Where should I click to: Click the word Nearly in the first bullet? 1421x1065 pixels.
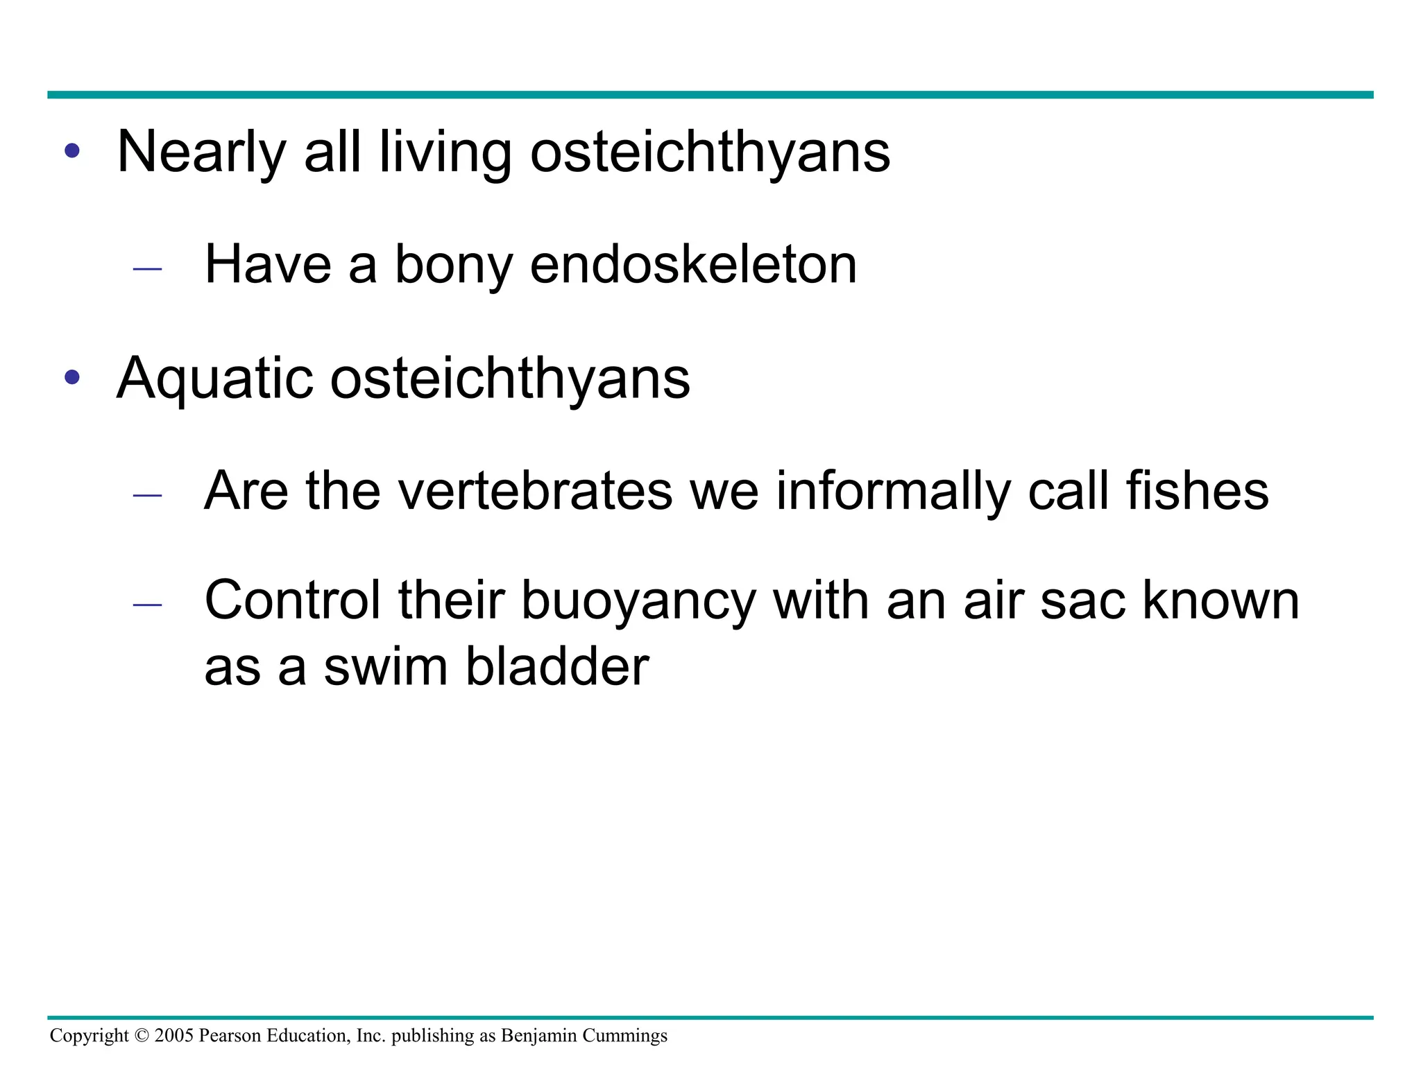point(201,152)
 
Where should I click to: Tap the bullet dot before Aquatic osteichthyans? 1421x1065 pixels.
point(72,377)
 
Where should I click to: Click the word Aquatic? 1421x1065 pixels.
point(214,379)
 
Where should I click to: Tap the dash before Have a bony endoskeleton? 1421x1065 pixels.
point(147,268)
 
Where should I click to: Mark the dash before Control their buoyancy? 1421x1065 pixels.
point(147,605)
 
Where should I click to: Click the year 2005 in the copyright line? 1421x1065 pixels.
point(173,1036)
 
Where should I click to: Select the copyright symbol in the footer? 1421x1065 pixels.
point(142,1036)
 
